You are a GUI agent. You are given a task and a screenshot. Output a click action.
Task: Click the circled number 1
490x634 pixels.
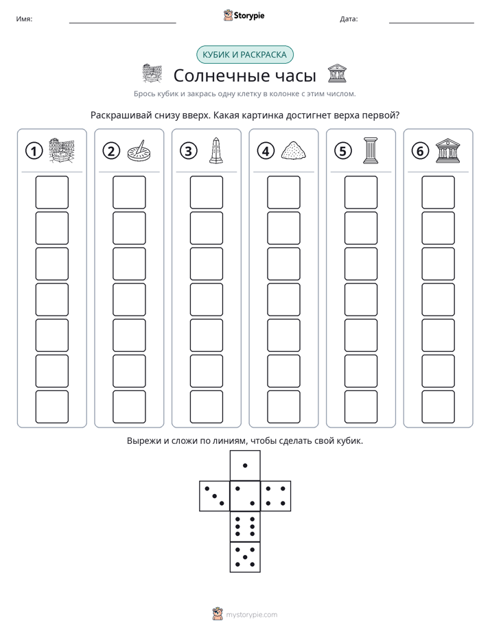click(x=34, y=151)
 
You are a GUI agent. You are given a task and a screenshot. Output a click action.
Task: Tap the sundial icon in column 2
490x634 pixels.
click(x=139, y=151)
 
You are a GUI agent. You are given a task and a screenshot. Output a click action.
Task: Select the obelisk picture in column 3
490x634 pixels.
click(x=216, y=151)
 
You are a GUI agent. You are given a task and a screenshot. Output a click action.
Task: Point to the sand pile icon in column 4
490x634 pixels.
click(x=293, y=151)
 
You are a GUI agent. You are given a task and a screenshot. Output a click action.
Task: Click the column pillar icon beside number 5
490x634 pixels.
click(x=371, y=151)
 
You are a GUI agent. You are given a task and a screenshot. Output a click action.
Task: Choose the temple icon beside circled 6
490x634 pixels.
click(x=447, y=151)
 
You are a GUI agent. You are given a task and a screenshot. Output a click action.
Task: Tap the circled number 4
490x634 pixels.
click(x=266, y=151)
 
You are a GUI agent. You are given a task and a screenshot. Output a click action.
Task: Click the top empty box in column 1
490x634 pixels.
click(x=51, y=192)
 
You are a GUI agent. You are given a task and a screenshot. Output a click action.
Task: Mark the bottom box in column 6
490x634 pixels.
click(x=438, y=406)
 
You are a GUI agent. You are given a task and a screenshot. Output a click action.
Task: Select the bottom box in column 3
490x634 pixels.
click(x=206, y=406)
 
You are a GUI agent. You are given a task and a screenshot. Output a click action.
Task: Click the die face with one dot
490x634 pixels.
click(x=245, y=465)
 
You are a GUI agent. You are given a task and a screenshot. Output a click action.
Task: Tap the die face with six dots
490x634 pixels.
click(x=245, y=526)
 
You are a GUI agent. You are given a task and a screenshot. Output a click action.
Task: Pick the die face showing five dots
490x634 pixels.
click(x=245, y=557)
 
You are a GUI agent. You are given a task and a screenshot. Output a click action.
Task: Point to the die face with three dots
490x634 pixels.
click(x=215, y=495)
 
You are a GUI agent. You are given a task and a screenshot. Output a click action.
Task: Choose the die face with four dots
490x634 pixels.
click(x=276, y=495)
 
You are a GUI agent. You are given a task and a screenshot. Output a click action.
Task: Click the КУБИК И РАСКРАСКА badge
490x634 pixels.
click(x=245, y=55)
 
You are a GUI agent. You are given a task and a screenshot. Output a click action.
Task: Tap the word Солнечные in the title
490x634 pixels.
click(x=222, y=75)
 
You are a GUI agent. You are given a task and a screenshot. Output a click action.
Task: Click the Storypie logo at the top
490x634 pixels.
click(x=244, y=15)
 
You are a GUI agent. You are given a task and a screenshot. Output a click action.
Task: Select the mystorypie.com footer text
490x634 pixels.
click(x=251, y=615)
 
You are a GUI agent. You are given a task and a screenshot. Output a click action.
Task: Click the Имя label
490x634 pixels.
click(x=24, y=19)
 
